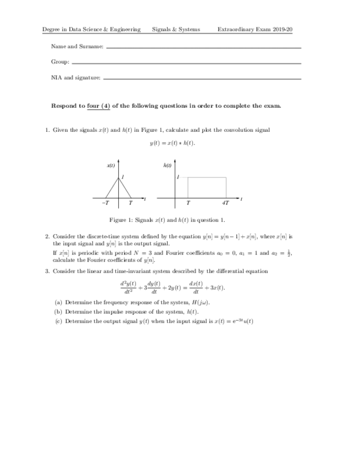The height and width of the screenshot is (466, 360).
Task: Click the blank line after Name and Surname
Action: (x=203, y=48)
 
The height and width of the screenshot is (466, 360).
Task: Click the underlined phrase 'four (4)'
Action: (x=99, y=106)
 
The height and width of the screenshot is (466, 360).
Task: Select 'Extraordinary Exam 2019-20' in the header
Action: (x=254, y=29)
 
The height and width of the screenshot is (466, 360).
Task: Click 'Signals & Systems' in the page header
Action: (x=176, y=29)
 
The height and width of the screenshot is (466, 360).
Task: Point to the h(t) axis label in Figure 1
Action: (x=167, y=165)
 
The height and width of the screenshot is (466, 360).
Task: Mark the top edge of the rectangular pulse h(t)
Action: (x=207, y=177)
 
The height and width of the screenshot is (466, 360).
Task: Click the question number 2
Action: (x=47, y=236)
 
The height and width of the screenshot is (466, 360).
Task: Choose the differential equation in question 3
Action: (x=172, y=287)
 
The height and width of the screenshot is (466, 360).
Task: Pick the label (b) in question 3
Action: (x=58, y=312)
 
